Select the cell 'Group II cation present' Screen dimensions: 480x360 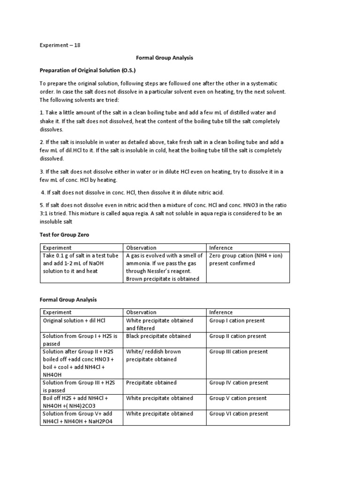[x=238, y=336]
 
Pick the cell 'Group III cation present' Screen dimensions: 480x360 [x=239, y=352]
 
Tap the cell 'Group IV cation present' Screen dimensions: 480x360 [x=239, y=382]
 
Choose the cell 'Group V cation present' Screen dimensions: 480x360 [x=238, y=398]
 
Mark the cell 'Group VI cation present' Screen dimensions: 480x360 [x=239, y=413]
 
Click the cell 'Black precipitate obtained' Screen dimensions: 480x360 [x=158, y=336]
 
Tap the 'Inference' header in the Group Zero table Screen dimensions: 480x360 [x=221, y=247]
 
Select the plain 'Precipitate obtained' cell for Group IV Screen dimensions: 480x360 [x=151, y=382]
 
